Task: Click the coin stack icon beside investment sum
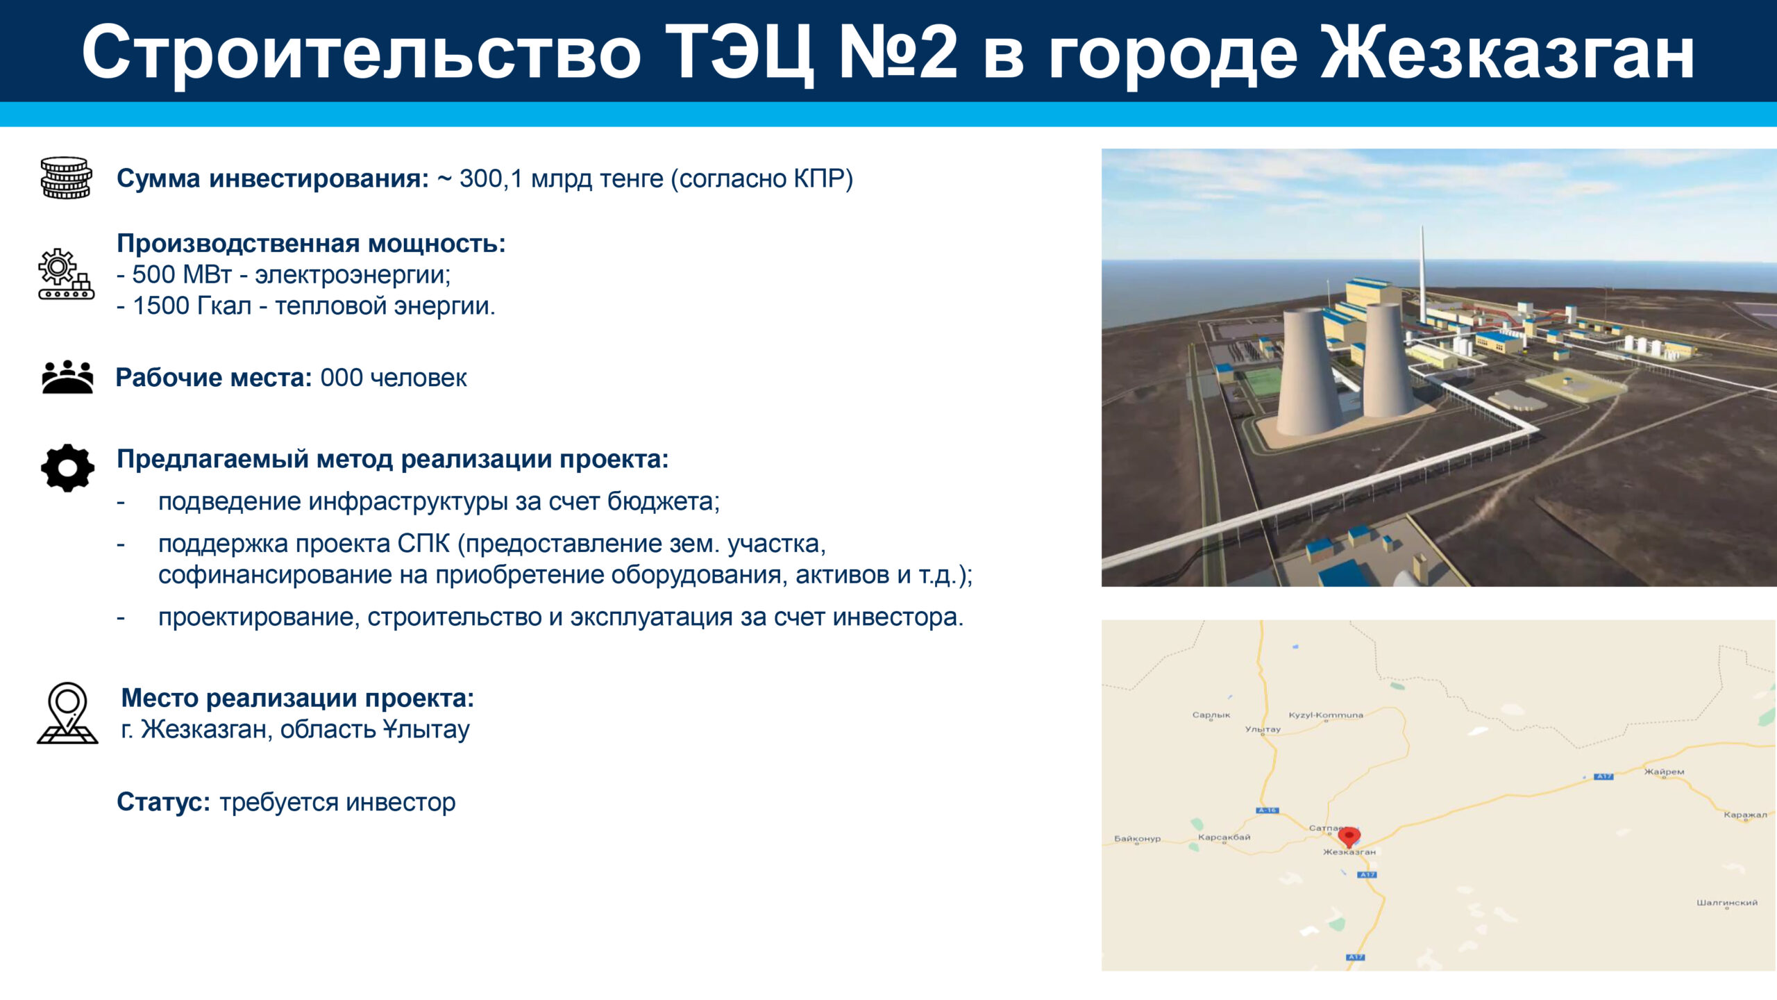(x=66, y=178)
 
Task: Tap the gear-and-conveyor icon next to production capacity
(x=66, y=274)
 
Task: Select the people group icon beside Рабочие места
(x=67, y=377)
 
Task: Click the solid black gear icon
(x=67, y=468)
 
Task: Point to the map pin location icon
(x=67, y=712)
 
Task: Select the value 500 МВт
(x=182, y=274)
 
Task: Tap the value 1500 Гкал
(x=192, y=306)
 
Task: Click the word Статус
(x=163, y=802)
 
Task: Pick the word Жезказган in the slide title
(x=1507, y=53)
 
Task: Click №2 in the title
(x=898, y=52)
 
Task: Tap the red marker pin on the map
(x=1349, y=837)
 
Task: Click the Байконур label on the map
(x=1137, y=838)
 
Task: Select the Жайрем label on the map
(x=1664, y=772)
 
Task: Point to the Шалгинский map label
(x=1727, y=903)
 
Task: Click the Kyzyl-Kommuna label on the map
(x=1326, y=715)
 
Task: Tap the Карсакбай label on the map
(x=1224, y=837)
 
